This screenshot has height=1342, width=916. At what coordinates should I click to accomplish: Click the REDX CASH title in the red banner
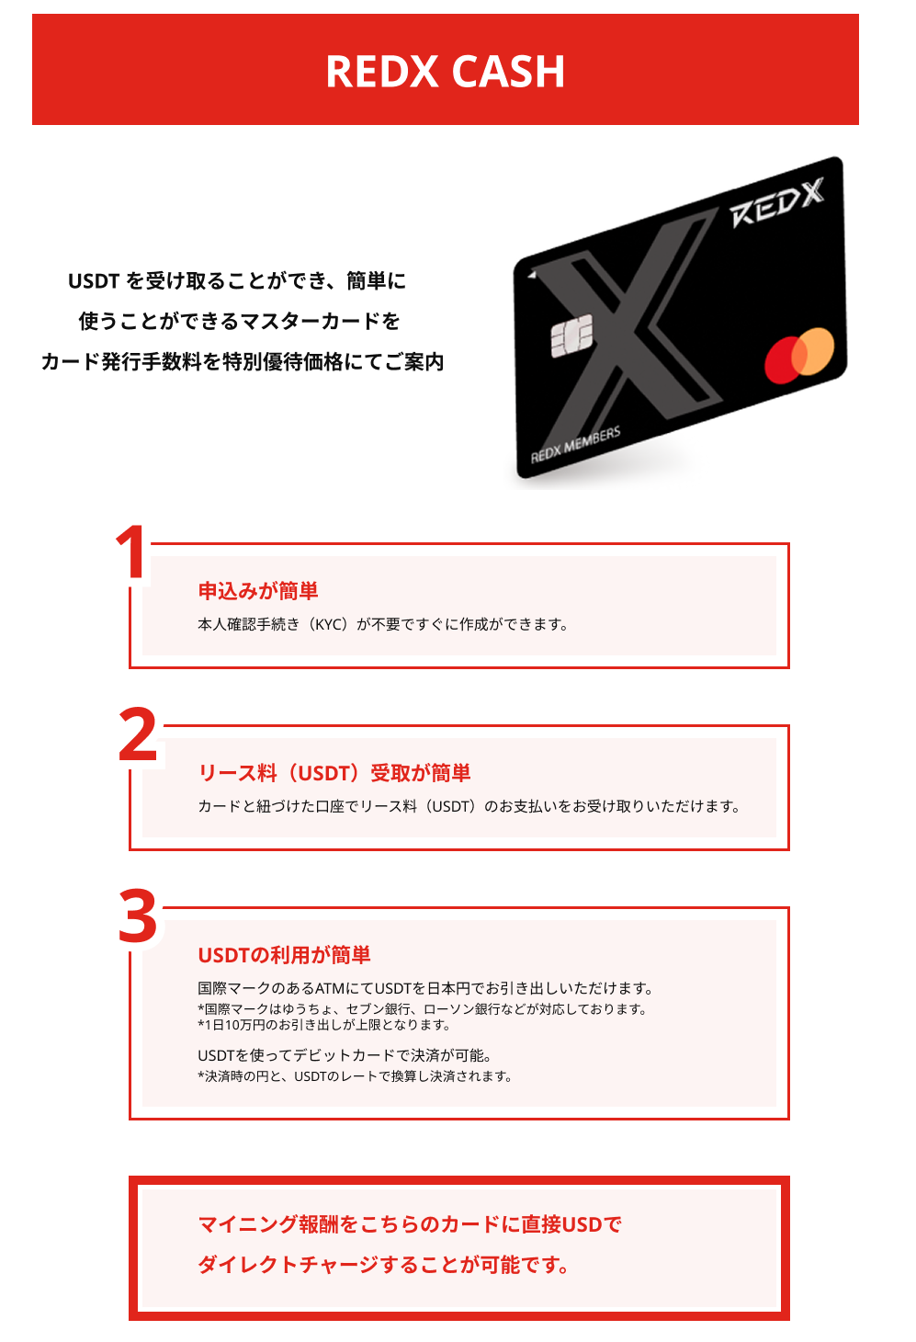[445, 72]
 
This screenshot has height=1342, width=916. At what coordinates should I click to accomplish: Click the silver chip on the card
[571, 336]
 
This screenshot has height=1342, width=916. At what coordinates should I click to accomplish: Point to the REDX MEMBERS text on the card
[575, 445]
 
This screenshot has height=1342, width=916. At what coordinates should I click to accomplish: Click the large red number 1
[131, 552]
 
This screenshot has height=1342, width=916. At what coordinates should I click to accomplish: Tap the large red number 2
[138, 734]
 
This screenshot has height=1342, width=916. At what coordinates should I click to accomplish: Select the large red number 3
[138, 916]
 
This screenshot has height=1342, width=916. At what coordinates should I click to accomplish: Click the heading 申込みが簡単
[258, 591]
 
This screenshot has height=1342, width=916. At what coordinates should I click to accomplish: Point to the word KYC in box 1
[330, 625]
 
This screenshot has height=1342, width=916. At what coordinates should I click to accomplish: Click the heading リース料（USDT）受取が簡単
[334, 773]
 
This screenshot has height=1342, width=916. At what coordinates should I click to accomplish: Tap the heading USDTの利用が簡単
[285, 955]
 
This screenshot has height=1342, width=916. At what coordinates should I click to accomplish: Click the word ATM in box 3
[329, 988]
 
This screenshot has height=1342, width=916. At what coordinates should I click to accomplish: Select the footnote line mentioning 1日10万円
[324, 1025]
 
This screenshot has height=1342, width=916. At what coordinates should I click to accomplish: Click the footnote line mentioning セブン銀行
[423, 1009]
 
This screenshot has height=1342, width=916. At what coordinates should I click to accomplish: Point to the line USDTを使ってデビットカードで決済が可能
[345, 1055]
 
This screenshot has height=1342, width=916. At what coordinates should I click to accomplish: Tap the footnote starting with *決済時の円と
[355, 1076]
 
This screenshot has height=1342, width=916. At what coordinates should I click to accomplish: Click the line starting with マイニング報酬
[410, 1224]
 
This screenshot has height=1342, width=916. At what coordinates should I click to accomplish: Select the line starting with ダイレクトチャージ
[383, 1265]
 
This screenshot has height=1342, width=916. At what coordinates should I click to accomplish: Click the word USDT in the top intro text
[94, 281]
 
